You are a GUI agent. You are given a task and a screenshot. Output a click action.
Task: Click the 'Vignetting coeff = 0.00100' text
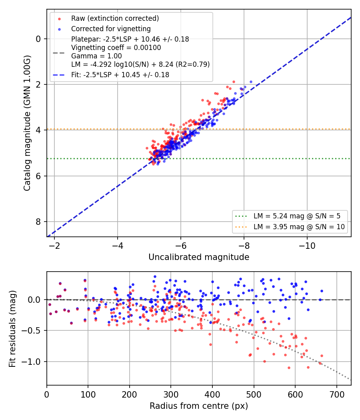116,48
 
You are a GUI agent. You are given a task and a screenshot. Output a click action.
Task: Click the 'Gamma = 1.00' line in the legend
96,56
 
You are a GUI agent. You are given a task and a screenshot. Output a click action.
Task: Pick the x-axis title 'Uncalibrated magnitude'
199,257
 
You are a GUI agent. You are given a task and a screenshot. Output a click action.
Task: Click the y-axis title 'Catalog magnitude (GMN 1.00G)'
27,123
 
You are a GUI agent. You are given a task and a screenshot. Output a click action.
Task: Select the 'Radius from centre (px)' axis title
199,406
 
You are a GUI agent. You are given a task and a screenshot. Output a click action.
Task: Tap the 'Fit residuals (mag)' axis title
12,329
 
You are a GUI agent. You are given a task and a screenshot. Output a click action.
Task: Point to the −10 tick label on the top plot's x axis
307,246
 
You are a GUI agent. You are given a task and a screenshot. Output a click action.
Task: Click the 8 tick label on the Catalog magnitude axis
38,222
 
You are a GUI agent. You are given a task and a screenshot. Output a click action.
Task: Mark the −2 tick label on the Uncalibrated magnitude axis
54,246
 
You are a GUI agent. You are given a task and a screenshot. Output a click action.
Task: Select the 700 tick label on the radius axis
336,394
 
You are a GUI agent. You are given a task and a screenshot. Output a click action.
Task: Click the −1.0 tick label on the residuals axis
32,362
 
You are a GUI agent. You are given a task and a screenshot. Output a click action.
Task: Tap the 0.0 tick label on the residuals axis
34,300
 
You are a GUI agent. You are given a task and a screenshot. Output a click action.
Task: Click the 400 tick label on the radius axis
212,394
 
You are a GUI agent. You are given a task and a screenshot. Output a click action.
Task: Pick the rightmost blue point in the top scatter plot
251,82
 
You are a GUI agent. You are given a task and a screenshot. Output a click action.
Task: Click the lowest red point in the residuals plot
289,368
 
